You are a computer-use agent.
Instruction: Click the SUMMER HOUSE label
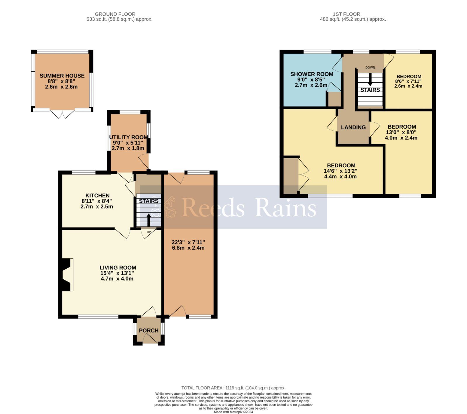(x=62, y=76)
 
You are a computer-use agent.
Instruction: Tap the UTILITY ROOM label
(x=128, y=137)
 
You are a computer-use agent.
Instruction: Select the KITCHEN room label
(x=97, y=196)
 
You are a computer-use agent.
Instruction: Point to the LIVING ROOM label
(x=118, y=267)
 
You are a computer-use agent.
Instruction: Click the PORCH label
(x=149, y=330)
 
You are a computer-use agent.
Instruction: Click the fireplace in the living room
(x=66, y=275)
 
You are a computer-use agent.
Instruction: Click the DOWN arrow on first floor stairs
(x=370, y=79)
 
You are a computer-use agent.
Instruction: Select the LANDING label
(x=353, y=127)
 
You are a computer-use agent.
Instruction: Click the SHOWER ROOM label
(x=311, y=74)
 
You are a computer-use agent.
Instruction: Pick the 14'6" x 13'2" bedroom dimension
(x=340, y=171)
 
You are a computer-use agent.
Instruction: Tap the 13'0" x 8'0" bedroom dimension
(x=401, y=132)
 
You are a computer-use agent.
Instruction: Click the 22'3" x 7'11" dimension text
(x=188, y=242)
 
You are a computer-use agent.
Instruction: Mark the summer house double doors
(x=62, y=114)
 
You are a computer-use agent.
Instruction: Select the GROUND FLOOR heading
(x=115, y=14)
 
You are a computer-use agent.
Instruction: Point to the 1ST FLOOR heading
(x=346, y=14)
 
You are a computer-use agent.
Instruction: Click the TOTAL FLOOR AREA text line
(x=233, y=388)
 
